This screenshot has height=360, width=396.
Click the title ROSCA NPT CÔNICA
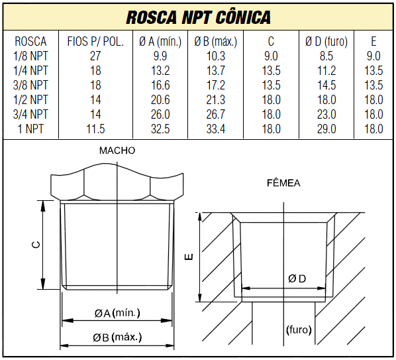coord(198,17)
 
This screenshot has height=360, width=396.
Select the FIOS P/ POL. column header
coord(95,42)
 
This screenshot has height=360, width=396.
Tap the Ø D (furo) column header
coord(326,42)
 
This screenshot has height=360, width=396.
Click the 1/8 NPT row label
coord(30,56)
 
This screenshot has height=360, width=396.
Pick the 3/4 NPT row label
coord(30,114)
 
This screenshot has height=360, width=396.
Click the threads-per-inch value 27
coord(95,56)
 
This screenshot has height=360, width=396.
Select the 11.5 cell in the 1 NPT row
coord(95,129)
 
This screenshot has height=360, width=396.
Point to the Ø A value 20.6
coord(160,99)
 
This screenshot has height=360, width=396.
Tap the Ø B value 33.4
coord(216,129)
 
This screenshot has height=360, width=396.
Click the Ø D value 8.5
coord(326,56)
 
